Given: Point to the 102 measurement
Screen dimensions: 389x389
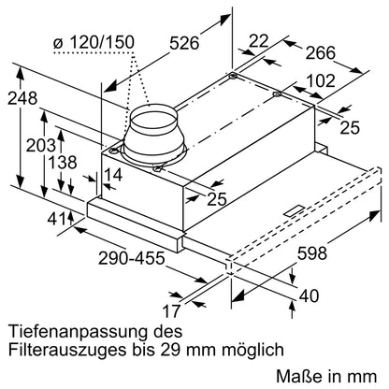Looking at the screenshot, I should (321, 80).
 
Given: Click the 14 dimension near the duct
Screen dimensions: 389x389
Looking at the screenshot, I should (113, 174).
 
